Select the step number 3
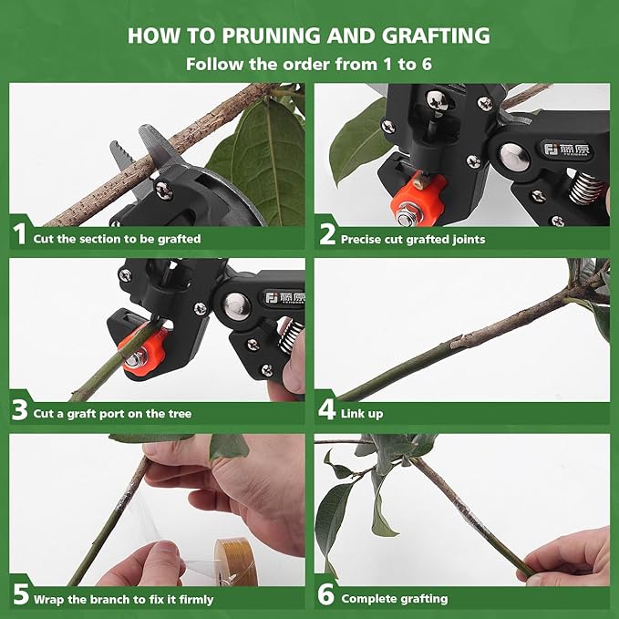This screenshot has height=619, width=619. pos(20,411)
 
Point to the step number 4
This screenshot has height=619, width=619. pos(327,411)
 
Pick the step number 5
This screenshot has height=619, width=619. pos(19,597)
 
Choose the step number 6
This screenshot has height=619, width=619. pos(327,597)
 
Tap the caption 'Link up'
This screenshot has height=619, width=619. pos(362,413)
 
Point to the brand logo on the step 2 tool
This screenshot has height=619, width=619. pos(561,149)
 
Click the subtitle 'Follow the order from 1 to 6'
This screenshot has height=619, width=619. pos(309,65)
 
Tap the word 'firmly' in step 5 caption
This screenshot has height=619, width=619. pos(193,599)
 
